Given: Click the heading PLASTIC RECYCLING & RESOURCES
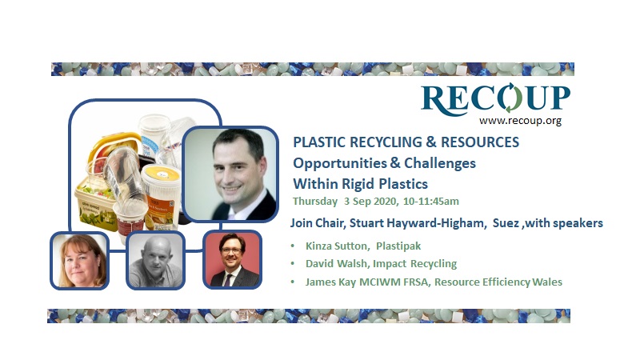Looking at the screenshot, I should [x=406, y=142].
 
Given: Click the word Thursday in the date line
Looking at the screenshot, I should [x=315, y=201].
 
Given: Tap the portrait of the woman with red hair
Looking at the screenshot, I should [x=78, y=260].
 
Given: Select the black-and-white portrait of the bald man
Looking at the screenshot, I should [x=155, y=261].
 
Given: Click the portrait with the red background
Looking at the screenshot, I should [x=232, y=260].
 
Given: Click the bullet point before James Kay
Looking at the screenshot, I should [x=297, y=282].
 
